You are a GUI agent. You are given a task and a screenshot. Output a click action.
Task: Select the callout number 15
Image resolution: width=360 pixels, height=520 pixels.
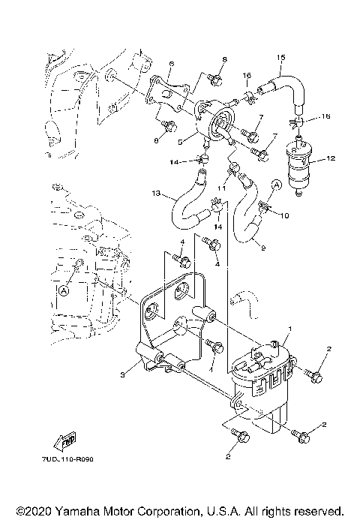point(281,58)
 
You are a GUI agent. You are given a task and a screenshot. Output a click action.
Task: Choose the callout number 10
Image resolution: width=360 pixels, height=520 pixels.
point(284,215)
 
